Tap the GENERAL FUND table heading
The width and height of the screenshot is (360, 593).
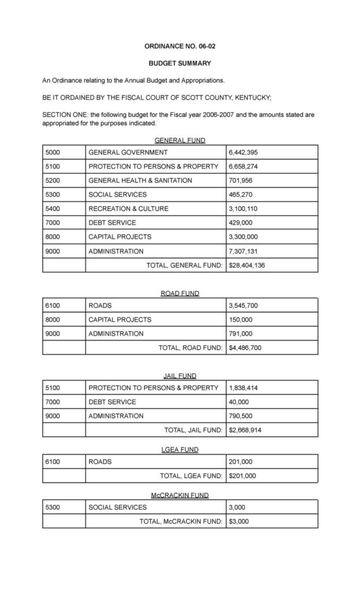179,140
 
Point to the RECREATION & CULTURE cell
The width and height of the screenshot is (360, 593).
124,208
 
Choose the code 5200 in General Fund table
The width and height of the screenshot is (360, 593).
53,181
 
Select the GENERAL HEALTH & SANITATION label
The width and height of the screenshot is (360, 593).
140,181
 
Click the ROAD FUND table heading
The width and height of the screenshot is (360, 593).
179,294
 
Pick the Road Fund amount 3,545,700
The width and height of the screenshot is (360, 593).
245,305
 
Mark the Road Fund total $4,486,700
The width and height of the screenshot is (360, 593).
245,347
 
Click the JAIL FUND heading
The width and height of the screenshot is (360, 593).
179,376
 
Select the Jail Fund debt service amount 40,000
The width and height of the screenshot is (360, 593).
240,402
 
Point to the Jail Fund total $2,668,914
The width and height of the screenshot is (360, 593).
245,430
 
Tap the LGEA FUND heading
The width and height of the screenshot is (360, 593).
179,449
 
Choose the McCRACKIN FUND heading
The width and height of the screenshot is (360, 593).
179,495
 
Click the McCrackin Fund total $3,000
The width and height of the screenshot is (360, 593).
238,521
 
